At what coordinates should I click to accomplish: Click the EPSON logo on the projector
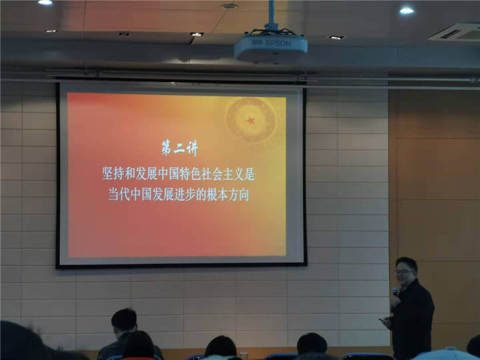tap(278, 43)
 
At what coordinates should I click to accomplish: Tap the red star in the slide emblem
tap(250, 121)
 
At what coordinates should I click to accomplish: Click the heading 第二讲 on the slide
tap(179, 148)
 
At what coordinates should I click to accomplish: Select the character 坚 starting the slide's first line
tap(108, 174)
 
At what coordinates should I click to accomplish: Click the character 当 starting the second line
tap(113, 194)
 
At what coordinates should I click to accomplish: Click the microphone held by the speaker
tap(395, 291)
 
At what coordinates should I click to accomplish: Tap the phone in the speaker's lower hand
tap(382, 320)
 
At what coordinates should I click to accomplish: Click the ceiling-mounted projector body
tap(271, 48)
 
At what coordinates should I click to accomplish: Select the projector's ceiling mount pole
tap(271, 14)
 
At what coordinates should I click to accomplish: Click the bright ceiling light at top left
tap(46, 2)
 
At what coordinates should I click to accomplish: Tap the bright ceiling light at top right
tap(407, 11)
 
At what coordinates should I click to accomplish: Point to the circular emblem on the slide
tap(251, 121)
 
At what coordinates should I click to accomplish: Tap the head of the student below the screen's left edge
tap(124, 320)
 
